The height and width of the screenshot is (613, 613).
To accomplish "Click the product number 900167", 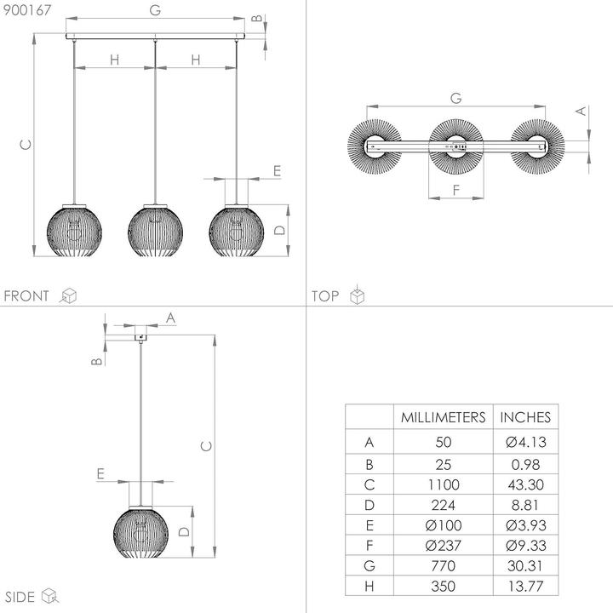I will click(26, 10).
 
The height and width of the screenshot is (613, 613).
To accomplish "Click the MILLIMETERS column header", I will click(443, 417).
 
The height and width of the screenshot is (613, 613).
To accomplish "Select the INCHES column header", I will click(525, 417).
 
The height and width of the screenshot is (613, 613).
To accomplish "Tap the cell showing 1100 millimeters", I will click(443, 485).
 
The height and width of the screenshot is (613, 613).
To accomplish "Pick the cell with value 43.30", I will click(525, 485).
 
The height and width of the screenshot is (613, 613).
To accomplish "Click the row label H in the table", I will click(369, 586).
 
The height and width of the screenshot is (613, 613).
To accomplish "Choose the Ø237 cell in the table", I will click(443, 545).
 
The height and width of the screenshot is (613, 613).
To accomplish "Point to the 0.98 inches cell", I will click(525, 465).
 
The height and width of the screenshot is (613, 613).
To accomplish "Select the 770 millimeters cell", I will click(443, 565).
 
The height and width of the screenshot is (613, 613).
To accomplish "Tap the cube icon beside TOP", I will click(358, 295).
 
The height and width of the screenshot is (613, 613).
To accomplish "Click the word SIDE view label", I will click(20, 595).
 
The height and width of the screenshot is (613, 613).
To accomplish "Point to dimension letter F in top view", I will click(456, 191).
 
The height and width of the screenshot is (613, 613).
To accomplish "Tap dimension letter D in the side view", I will click(184, 531).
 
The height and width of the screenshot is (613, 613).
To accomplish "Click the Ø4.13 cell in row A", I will click(525, 442).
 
